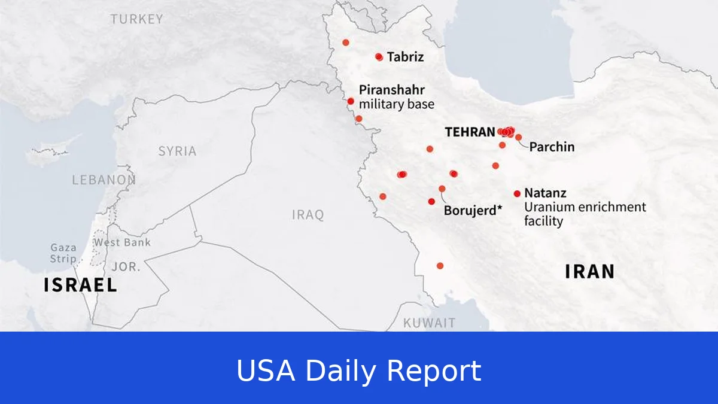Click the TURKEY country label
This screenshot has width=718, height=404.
point(136,19)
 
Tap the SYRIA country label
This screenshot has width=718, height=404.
point(177,151)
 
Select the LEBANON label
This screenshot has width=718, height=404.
point(104,180)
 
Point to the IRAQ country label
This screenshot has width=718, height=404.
point(308,214)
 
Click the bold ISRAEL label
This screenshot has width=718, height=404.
point(80,285)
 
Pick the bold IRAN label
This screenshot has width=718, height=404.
point(589,272)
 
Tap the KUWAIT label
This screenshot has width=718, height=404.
point(429,323)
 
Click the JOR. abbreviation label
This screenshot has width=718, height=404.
point(126,267)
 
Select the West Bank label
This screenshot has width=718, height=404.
point(122,242)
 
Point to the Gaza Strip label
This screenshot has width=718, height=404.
point(63,253)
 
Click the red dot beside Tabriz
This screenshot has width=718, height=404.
point(379,57)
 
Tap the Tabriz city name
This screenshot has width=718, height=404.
point(405,57)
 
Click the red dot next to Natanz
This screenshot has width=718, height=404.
point(517,193)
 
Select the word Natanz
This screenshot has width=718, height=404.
point(545,193)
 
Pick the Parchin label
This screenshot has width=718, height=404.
point(552,147)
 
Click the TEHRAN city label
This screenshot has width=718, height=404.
point(470,132)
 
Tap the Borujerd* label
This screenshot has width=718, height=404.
point(473,211)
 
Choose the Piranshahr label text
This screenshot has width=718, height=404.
point(392,90)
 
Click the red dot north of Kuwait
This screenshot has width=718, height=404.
point(440,266)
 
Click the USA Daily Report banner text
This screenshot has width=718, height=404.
point(359,370)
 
